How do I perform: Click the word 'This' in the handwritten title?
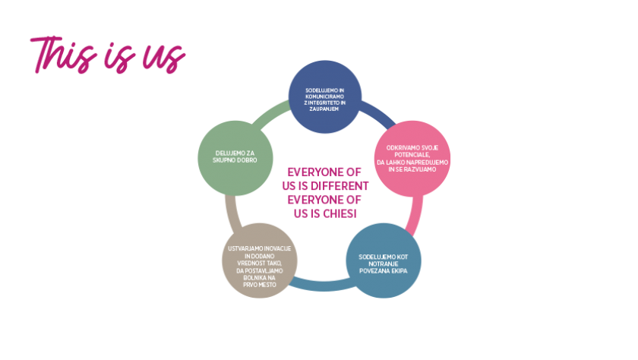coord(63,55)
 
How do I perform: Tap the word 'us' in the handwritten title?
coord(164,58)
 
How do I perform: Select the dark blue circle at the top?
coord(325,96)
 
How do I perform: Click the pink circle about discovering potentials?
coord(412,158)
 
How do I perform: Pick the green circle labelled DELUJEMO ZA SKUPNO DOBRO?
coord(235,158)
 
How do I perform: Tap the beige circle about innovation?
coord(260,261)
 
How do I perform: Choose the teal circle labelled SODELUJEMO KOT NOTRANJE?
coord(384,261)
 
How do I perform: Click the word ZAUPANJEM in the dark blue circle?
coord(324,109)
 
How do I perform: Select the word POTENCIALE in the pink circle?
coord(412,155)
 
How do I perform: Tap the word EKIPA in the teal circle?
coord(399,271)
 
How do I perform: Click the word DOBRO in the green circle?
coord(247,160)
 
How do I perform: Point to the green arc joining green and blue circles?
coord(270,112)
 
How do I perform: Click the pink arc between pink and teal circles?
coord(416,215)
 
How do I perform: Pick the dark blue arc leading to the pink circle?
coord(377,112)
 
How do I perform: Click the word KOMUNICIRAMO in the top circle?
coord(325,96)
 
